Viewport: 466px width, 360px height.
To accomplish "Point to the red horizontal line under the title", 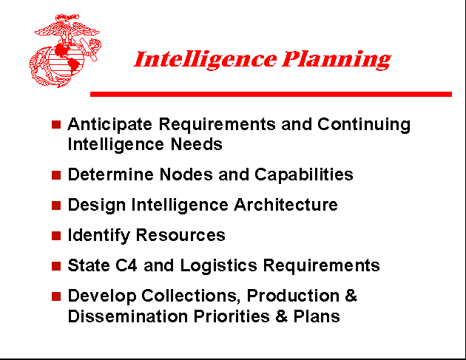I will pos(270,94).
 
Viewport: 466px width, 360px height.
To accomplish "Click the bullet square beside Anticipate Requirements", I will pos(55,124).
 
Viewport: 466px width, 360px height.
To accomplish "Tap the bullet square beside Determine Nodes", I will pos(55,175).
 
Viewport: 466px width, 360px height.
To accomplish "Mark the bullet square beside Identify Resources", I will pos(55,236).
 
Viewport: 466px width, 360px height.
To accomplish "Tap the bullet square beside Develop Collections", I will pos(55,296).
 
